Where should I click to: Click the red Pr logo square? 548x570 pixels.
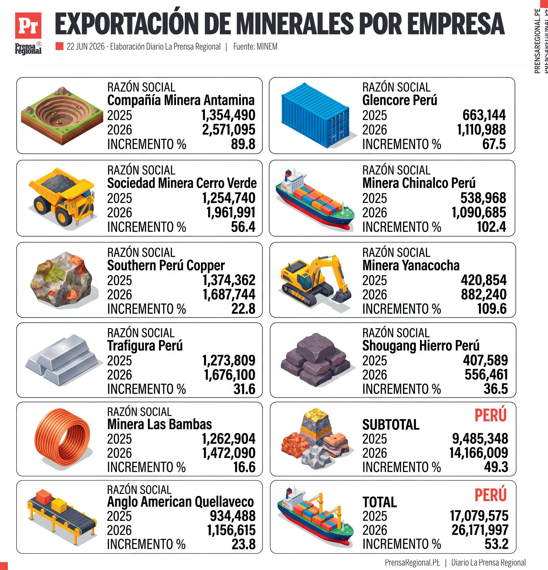click(28, 26)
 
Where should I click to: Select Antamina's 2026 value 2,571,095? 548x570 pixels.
click(229, 130)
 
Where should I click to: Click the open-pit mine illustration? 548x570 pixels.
click(62, 115)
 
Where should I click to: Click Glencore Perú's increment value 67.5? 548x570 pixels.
click(494, 144)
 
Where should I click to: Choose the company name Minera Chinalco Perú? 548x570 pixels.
click(419, 183)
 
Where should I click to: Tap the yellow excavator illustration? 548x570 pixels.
click(316, 281)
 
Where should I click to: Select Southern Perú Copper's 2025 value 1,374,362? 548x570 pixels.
click(229, 280)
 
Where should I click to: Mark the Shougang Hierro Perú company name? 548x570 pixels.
click(421, 346)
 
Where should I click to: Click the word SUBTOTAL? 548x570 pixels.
click(391, 425)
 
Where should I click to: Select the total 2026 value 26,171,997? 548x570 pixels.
click(480, 530)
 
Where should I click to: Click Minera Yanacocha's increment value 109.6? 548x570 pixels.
click(492, 309)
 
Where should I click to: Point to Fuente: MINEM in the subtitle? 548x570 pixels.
click(255, 46)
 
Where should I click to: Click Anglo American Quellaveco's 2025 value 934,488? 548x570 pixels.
click(232, 516)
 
